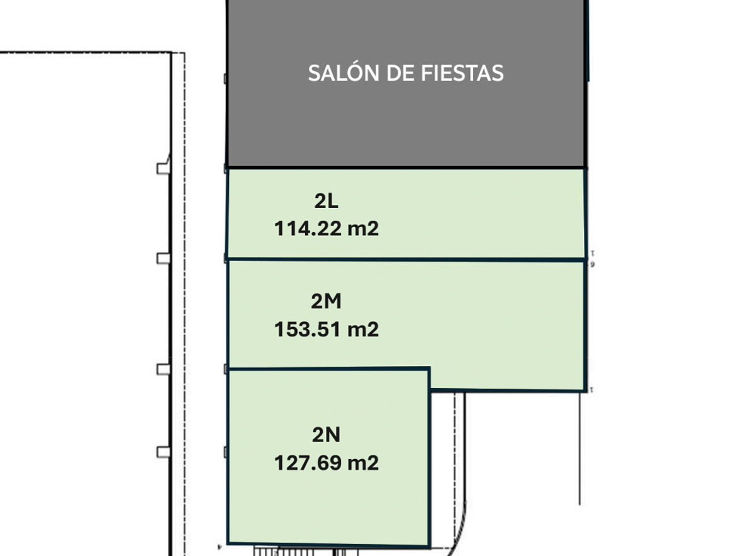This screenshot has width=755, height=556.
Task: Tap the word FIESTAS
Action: (462, 73)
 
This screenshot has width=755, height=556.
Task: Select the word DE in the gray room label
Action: (400, 73)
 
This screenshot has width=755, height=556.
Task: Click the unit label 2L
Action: (327, 201)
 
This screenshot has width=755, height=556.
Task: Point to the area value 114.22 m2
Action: (327, 228)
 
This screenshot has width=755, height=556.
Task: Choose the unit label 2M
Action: (327, 301)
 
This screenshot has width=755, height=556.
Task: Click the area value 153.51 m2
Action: (327, 329)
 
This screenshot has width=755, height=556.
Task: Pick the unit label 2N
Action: (327, 435)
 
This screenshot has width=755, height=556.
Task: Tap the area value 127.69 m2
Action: (327, 463)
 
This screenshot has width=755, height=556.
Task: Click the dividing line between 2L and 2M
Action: (406, 260)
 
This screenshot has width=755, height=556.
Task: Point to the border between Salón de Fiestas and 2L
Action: (406, 167)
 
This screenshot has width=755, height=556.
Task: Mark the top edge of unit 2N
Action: (328, 369)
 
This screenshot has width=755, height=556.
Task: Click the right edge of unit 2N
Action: (429, 457)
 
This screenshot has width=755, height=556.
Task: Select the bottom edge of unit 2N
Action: (328, 544)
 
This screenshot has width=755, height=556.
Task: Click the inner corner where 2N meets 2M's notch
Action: (429, 390)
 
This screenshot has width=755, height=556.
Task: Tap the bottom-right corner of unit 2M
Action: (585, 391)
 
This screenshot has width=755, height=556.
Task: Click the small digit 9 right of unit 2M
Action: (592, 265)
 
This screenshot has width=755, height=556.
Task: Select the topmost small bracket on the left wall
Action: (164, 168)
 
